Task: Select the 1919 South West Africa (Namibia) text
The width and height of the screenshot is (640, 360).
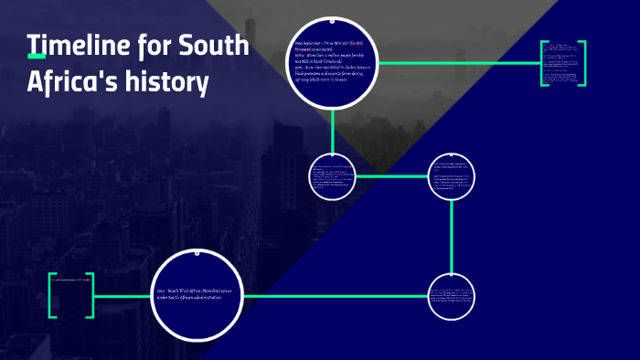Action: (x=197, y=293)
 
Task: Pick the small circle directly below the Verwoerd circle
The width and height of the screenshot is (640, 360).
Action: (x=333, y=175)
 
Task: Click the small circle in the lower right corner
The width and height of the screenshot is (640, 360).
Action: (x=453, y=296)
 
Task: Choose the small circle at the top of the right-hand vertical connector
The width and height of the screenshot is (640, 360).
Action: (x=453, y=175)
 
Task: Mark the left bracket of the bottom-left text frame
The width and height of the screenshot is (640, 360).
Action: (x=53, y=295)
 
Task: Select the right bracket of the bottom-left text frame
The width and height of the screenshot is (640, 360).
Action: (x=90, y=295)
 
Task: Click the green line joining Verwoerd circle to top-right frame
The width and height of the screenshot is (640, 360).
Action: (x=457, y=63)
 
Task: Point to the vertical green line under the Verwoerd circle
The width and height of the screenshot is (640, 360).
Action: (x=333, y=128)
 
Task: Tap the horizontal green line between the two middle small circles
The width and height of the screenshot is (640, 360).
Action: (x=393, y=175)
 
